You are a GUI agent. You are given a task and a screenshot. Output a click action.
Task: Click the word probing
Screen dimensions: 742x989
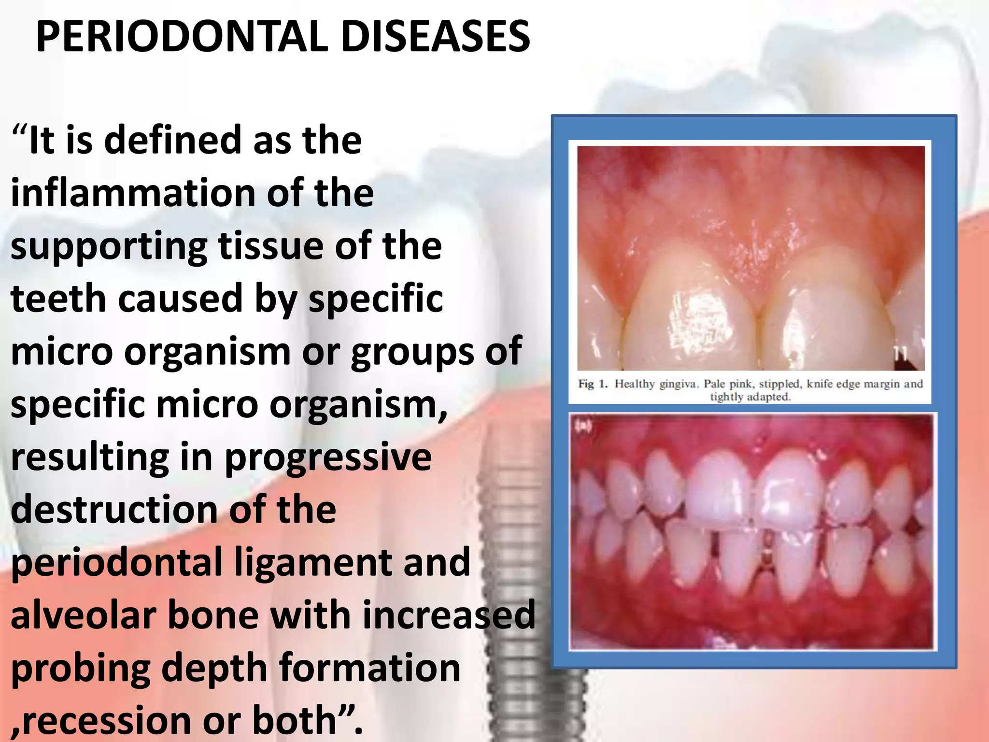pos(80,669)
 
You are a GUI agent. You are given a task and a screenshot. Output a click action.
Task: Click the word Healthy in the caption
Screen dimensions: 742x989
pos(635,384)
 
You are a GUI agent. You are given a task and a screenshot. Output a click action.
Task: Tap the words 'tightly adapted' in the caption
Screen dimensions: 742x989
pos(750,397)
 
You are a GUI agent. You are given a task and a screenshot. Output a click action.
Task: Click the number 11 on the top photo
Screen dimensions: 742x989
pos(900,354)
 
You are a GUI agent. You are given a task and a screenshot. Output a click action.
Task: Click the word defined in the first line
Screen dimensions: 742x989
pos(173,141)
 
